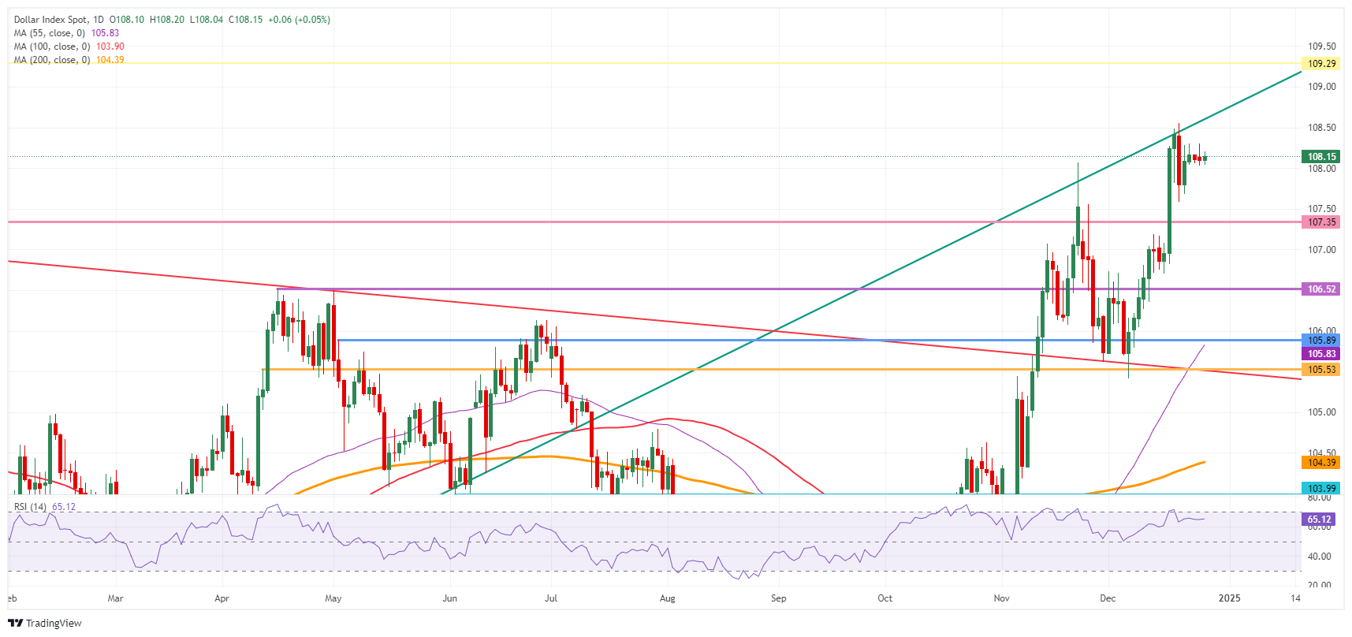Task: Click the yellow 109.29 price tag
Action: pyautogui.click(x=1321, y=64)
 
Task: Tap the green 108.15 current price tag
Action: pyautogui.click(x=1321, y=157)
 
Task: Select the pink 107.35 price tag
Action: pyautogui.click(x=1321, y=222)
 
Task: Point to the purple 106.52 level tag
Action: pyautogui.click(x=1321, y=289)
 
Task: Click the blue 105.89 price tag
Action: pyautogui.click(x=1321, y=341)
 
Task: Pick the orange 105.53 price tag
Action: pyautogui.click(x=1321, y=370)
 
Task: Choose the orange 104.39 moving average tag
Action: pyautogui.click(x=1321, y=463)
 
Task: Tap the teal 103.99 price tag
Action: pyautogui.click(x=1321, y=489)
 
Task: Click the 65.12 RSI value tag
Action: pyautogui.click(x=1319, y=520)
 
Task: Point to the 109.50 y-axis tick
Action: pyautogui.click(x=1321, y=47)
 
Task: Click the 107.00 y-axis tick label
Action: pyautogui.click(x=1321, y=250)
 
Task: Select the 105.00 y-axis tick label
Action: pyautogui.click(x=1321, y=412)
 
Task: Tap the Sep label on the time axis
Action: pyautogui.click(x=778, y=598)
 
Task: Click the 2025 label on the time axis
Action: pyautogui.click(x=1229, y=598)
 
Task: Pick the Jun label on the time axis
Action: pyautogui.click(x=449, y=598)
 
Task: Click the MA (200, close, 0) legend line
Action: pyautogui.click(x=52, y=60)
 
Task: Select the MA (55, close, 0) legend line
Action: pyautogui.click(x=49, y=33)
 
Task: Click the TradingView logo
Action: pyautogui.click(x=46, y=623)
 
